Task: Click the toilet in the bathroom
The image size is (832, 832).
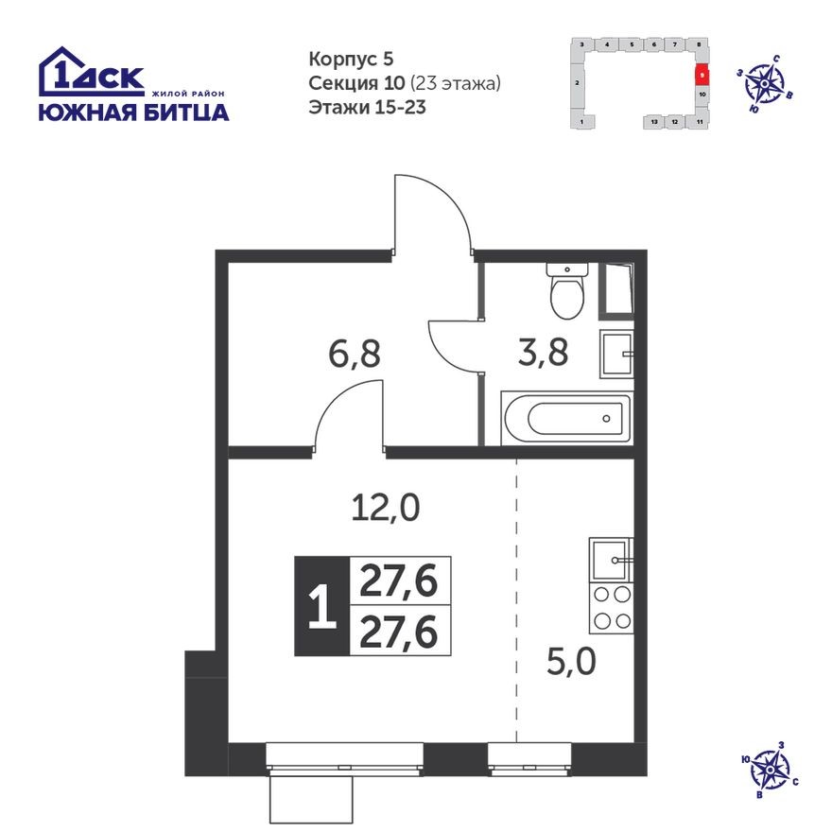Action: [x=568, y=291]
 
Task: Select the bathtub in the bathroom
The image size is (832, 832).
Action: [x=565, y=416]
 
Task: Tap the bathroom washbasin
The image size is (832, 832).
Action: [x=615, y=355]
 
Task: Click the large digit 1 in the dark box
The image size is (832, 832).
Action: [x=321, y=606]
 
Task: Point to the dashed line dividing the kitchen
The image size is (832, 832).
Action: [x=516, y=605]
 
